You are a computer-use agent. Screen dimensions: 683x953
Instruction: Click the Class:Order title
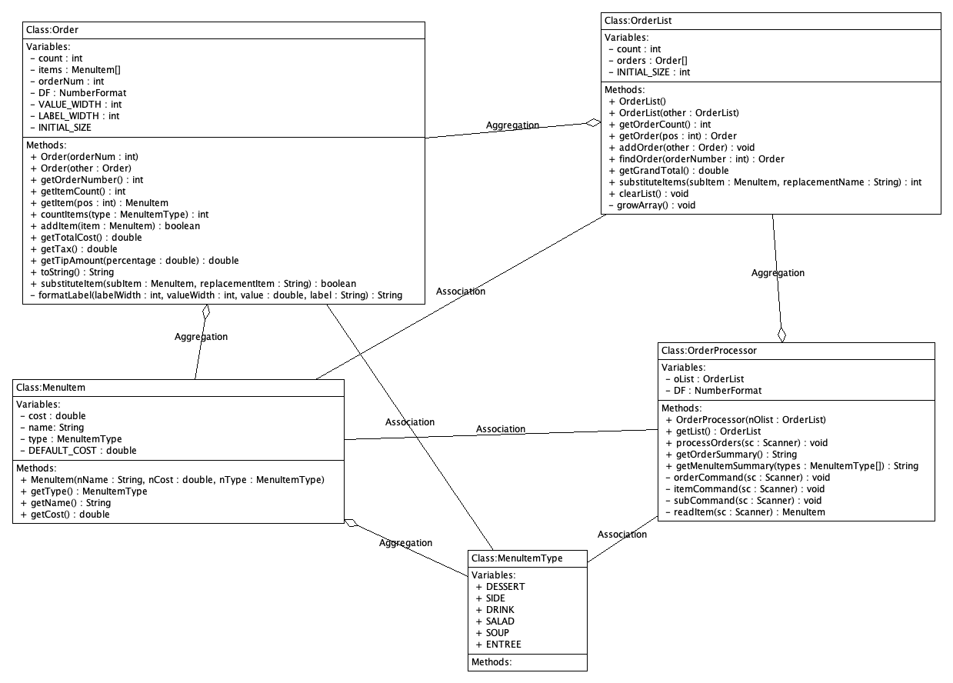click(x=52, y=30)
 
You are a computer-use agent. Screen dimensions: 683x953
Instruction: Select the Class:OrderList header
click(x=638, y=21)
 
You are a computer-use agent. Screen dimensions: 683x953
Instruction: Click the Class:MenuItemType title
click(x=517, y=558)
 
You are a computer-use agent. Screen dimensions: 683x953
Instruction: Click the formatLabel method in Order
click(x=215, y=295)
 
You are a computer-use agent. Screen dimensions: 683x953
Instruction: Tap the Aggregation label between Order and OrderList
click(x=512, y=125)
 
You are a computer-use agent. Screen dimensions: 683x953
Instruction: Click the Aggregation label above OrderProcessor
click(x=778, y=273)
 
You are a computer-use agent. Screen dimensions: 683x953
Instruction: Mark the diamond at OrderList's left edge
click(x=593, y=122)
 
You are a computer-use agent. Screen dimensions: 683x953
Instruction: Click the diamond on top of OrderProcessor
click(x=782, y=334)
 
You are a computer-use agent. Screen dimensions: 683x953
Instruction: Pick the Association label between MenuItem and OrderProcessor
click(x=501, y=429)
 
